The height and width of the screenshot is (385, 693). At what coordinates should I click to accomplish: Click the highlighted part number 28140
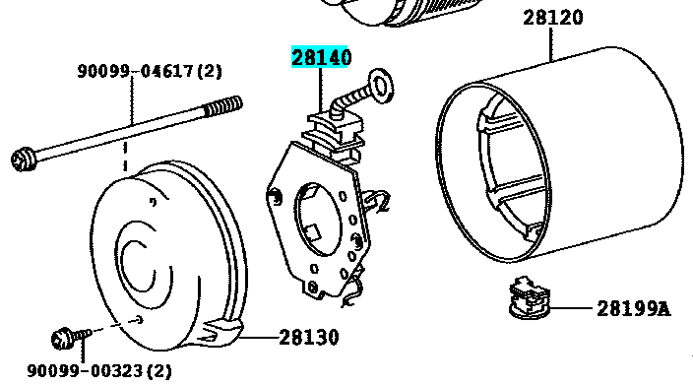[x=321, y=57]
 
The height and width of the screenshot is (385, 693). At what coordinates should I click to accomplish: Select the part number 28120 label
[x=553, y=18]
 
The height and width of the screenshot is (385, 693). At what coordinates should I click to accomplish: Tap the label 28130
[x=309, y=338]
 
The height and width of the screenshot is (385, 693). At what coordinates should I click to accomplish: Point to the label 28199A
[x=633, y=308]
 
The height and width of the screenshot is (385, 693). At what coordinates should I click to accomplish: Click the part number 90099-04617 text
[x=135, y=71]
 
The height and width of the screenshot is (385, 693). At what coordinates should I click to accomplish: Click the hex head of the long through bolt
[x=24, y=160]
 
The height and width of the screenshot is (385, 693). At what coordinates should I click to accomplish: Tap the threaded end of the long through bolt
[x=223, y=106]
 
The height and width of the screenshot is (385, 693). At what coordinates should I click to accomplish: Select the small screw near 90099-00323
[x=71, y=338]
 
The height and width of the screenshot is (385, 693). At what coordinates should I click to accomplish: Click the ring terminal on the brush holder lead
[x=381, y=86]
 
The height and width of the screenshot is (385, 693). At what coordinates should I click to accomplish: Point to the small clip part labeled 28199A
[x=530, y=297]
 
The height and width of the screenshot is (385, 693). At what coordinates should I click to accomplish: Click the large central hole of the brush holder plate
[x=318, y=220]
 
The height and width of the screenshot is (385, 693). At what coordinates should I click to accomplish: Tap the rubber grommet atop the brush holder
[x=336, y=133]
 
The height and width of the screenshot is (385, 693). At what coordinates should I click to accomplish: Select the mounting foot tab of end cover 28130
[x=220, y=332]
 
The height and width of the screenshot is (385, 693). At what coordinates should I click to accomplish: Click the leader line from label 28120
[x=551, y=44]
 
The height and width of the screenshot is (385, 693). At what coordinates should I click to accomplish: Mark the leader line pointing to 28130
[x=260, y=338]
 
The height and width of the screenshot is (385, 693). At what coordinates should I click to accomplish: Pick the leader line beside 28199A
[x=571, y=307]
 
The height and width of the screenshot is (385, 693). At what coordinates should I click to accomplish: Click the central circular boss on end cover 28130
[x=139, y=265]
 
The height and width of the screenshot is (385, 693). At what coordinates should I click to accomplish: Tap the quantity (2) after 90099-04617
[x=209, y=71]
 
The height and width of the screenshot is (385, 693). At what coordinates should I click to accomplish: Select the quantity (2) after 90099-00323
[x=158, y=370]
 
